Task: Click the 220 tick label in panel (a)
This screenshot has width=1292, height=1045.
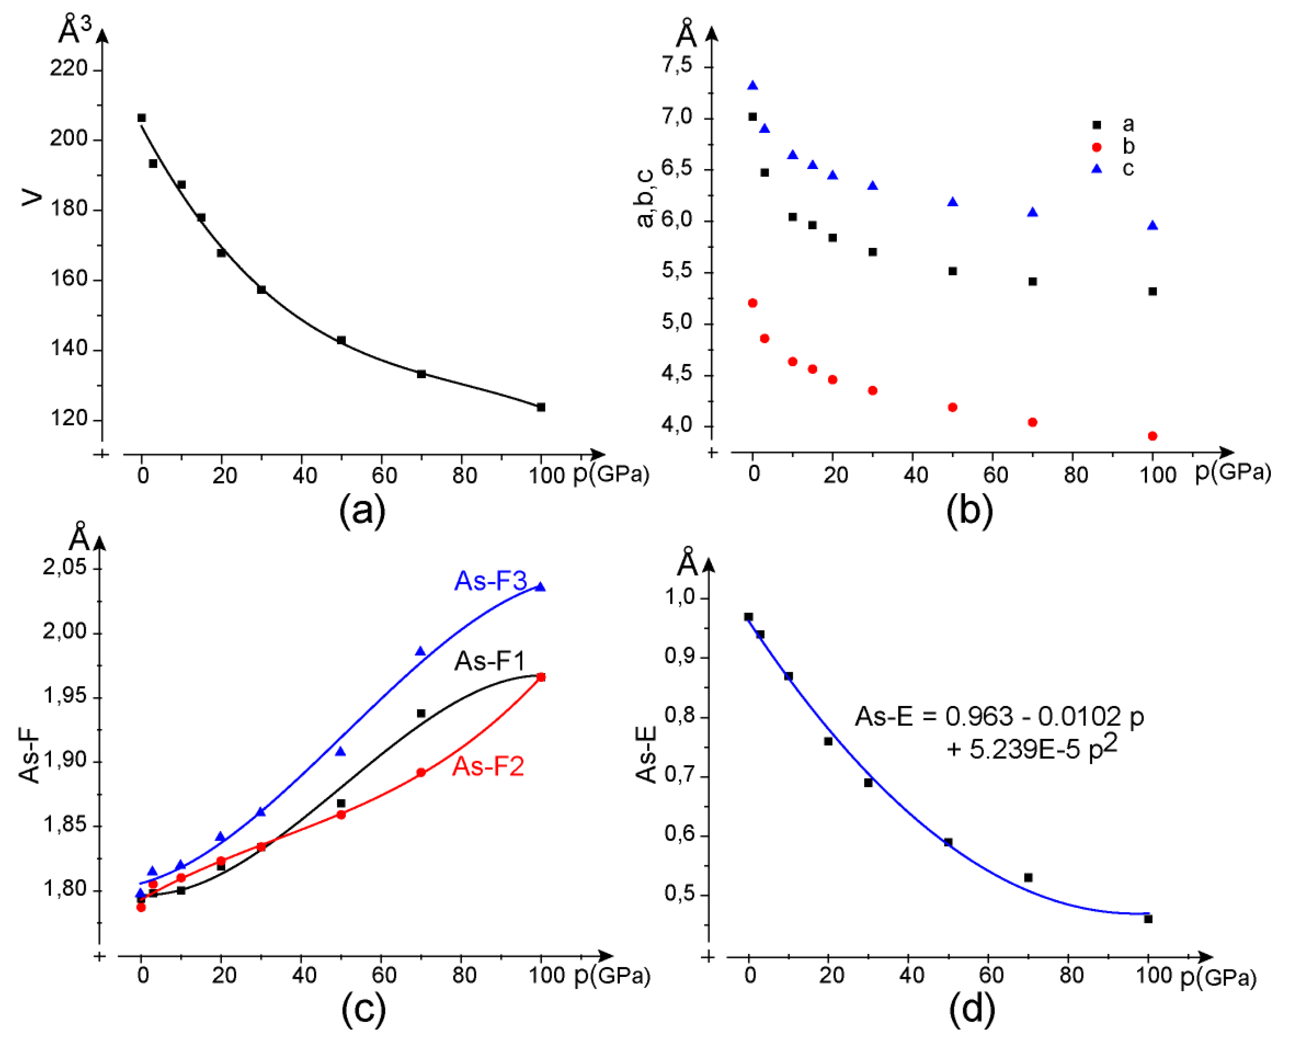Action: tap(69, 69)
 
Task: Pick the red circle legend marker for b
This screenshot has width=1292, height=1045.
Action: tap(1097, 147)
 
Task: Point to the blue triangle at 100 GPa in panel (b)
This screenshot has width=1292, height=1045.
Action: tap(1152, 226)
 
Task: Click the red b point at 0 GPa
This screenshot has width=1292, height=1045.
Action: tap(752, 303)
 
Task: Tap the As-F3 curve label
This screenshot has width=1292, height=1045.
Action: tap(490, 582)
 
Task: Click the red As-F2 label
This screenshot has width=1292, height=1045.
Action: tap(488, 767)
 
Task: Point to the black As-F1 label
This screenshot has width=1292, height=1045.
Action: tap(490, 661)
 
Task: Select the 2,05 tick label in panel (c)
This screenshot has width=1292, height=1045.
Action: tap(64, 567)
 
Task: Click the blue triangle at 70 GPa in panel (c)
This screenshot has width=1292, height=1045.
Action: tap(420, 651)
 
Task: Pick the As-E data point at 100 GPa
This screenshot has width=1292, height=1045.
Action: tap(1148, 919)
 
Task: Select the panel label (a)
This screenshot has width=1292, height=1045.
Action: tap(362, 511)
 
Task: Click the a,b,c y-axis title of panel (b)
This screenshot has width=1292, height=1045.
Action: tap(645, 198)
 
